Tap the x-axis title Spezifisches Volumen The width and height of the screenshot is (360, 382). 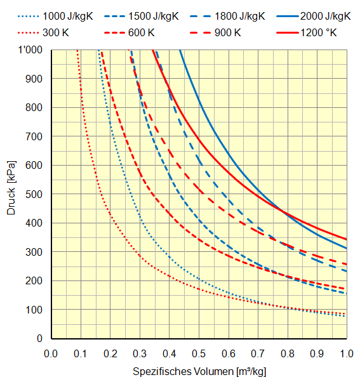click(x=198, y=370)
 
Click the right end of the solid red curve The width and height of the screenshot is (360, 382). click(x=346, y=239)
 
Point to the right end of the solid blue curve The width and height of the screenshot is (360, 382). click(x=346, y=248)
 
